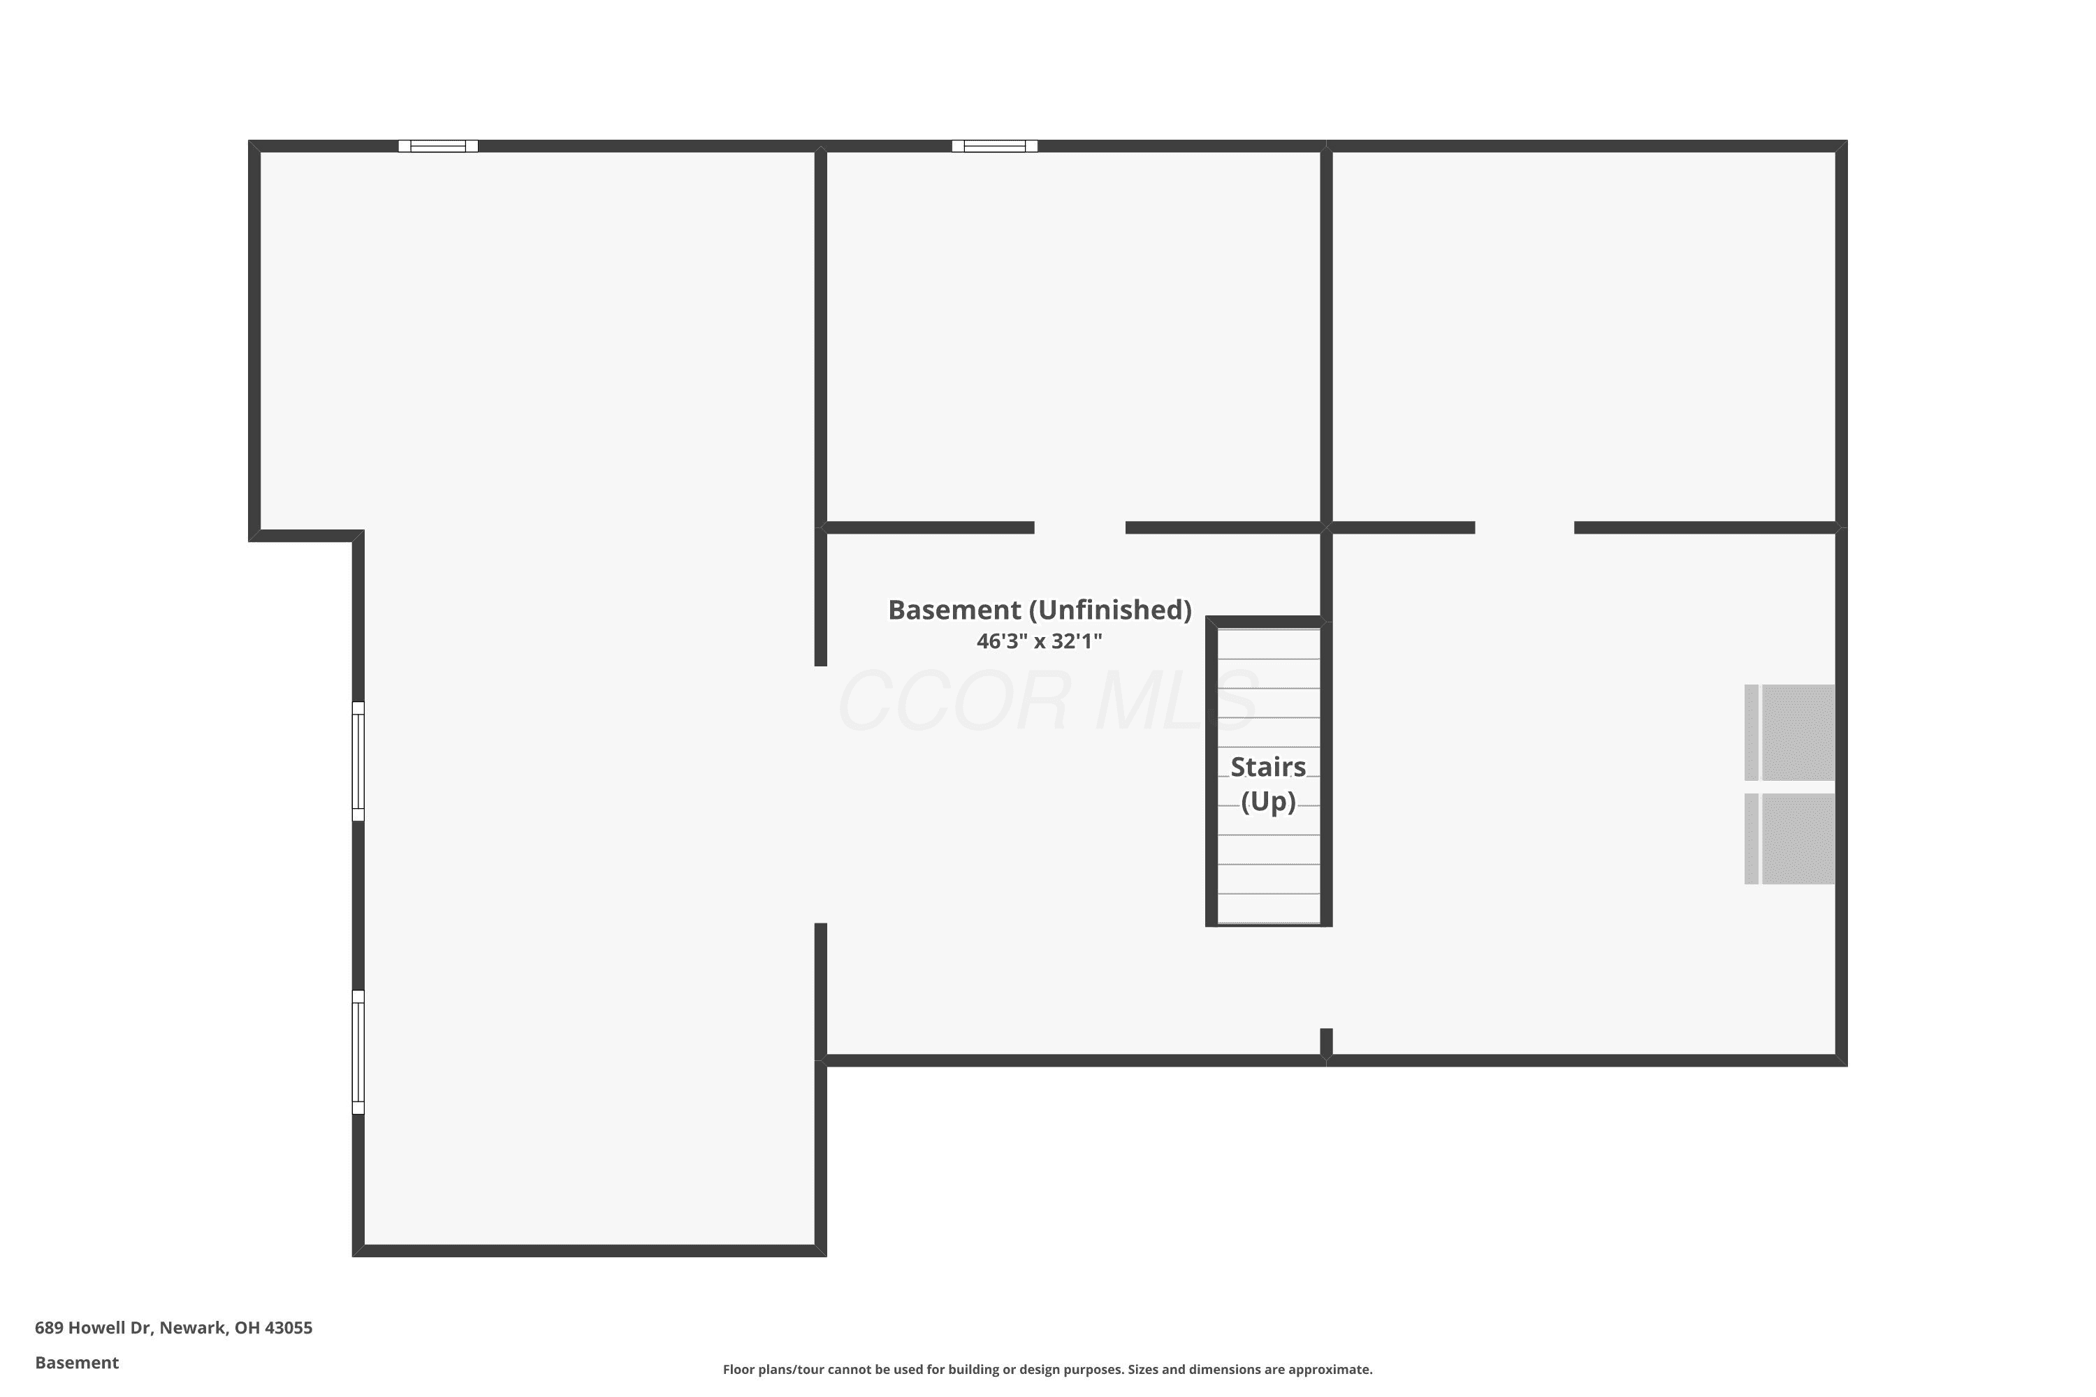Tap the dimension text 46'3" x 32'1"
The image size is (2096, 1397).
click(1039, 641)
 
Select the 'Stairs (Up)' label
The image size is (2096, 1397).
click(1268, 784)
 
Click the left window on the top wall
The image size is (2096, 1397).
click(437, 146)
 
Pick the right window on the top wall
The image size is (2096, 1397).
click(994, 146)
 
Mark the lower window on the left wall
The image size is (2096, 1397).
click(358, 1051)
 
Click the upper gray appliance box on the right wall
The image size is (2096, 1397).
click(1789, 732)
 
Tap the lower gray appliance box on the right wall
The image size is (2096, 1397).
click(1789, 838)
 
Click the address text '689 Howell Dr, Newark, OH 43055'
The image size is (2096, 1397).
click(174, 1328)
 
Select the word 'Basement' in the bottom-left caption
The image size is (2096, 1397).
click(77, 1362)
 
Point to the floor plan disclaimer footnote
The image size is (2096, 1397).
click(1047, 1369)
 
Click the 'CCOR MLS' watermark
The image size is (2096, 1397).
click(1047, 701)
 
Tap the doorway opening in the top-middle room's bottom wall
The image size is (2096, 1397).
click(1080, 527)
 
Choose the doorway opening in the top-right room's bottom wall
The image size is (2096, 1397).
click(1524, 527)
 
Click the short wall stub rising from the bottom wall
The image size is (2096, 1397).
click(1326, 1041)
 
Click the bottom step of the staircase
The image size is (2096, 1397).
click(1269, 909)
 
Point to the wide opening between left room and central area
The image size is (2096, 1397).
click(821, 795)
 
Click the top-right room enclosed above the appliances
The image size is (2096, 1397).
click(1585, 337)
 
